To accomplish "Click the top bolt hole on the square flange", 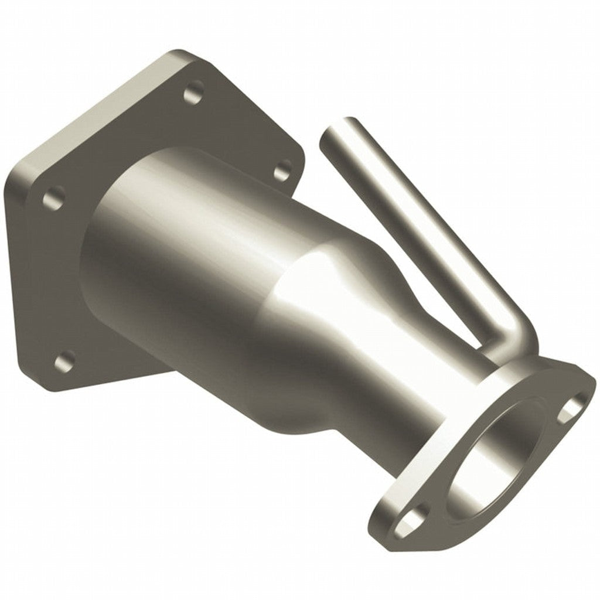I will [193, 94].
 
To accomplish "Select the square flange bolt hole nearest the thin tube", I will [283, 169].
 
